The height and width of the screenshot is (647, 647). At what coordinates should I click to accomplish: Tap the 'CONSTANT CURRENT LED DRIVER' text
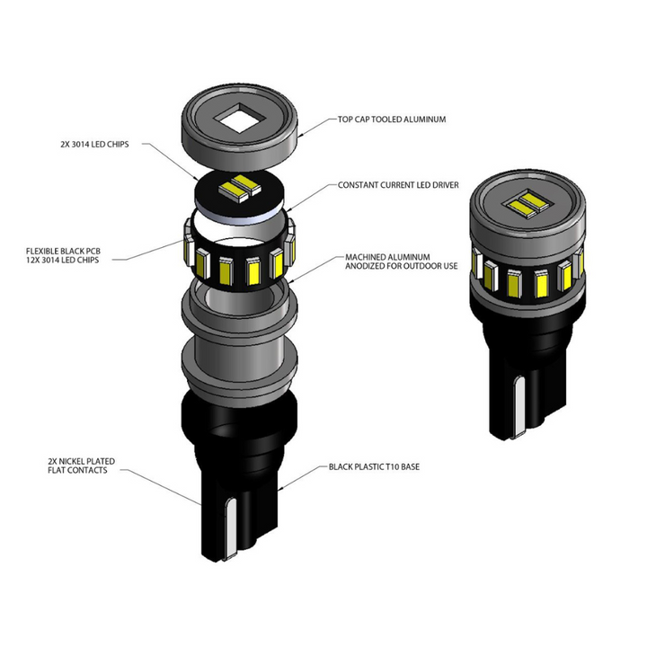pyautogui.click(x=398, y=185)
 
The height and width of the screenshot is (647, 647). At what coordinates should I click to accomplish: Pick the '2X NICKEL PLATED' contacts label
pyautogui.click(x=82, y=461)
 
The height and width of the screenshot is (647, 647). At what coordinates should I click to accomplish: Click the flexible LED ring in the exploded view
pyautogui.click(x=237, y=261)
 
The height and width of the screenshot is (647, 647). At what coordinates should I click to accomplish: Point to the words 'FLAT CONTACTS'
pyautogui.click(x=82, y=470)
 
